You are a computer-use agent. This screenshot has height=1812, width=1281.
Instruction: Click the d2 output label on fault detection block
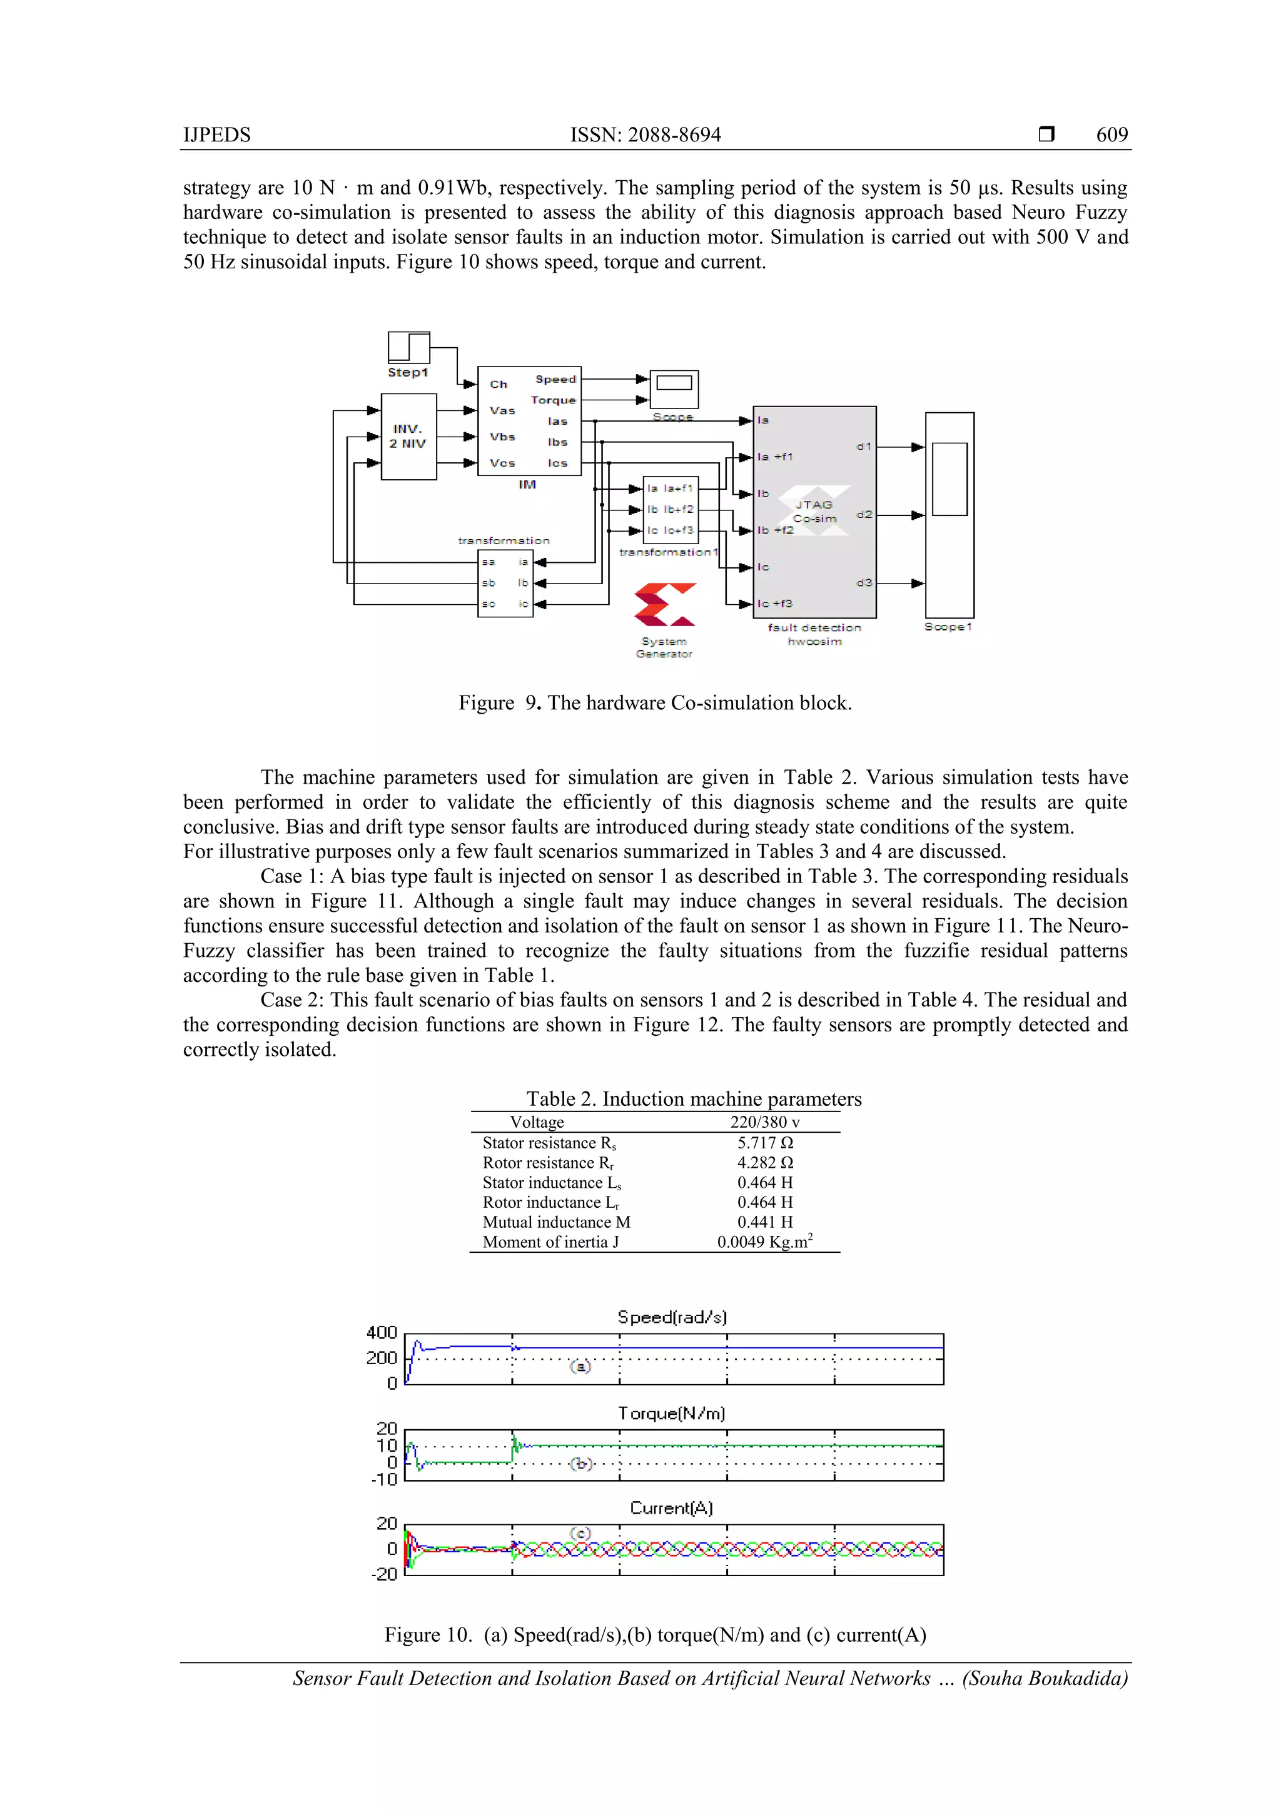864,515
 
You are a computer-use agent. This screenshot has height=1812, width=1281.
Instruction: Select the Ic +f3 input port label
775,604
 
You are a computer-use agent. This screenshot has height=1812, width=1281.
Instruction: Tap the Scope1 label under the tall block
948,627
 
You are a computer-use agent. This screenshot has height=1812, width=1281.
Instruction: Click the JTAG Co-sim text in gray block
814,512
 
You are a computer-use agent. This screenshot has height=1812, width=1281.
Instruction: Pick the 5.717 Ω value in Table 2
765,1143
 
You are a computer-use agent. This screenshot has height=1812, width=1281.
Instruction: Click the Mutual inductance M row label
557,1222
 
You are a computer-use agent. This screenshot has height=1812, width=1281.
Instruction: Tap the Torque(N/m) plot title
671,1413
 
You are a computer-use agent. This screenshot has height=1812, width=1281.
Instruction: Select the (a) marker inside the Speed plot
580,1366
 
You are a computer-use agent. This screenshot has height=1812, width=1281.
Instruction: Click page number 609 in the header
1111,135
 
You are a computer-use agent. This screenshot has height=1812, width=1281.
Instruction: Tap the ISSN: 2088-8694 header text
645,135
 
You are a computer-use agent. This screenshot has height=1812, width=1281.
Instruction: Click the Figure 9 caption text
654,702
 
